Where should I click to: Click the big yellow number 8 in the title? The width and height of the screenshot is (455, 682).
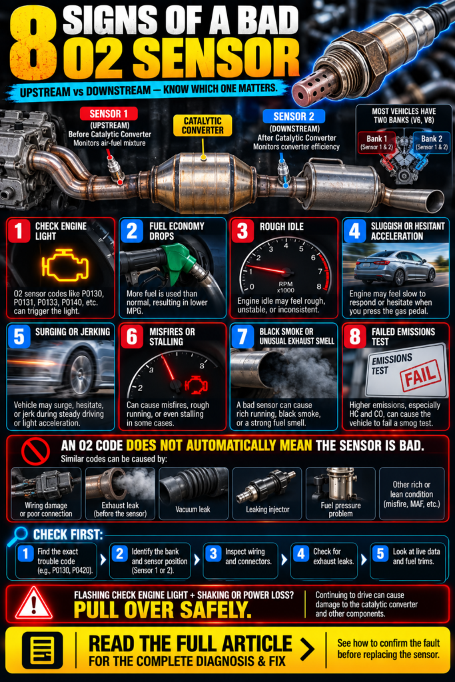(33, 43)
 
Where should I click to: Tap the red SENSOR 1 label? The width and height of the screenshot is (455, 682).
(109, 114)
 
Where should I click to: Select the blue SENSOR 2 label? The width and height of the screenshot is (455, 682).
(294, 116)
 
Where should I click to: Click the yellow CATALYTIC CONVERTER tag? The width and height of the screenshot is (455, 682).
(203, 125)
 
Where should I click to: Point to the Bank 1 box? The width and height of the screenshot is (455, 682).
(376, 143)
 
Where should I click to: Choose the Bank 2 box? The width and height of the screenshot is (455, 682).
(431, 143)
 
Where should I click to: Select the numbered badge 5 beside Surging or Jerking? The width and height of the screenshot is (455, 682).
(19, 336)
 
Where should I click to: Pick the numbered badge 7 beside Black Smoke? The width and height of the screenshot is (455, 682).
(242, 336)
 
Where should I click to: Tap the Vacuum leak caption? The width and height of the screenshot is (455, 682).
(193, 510)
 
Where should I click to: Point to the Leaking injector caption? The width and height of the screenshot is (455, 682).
(268, 510)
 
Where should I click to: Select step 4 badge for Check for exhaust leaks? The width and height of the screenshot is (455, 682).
(301, 553)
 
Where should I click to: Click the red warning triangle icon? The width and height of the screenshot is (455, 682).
(34, 603)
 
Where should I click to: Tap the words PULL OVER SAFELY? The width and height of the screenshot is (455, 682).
(163, 610)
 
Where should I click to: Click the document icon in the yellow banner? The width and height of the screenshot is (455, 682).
(42, 650)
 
